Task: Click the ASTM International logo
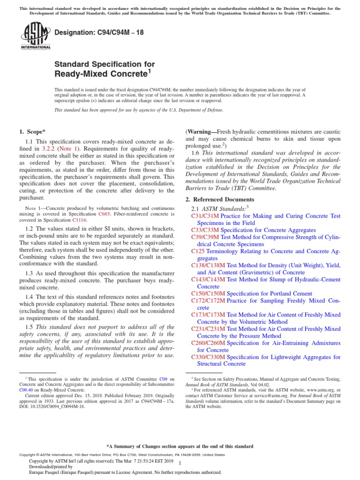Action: [36, 37]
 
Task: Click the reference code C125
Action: [199, 251]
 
